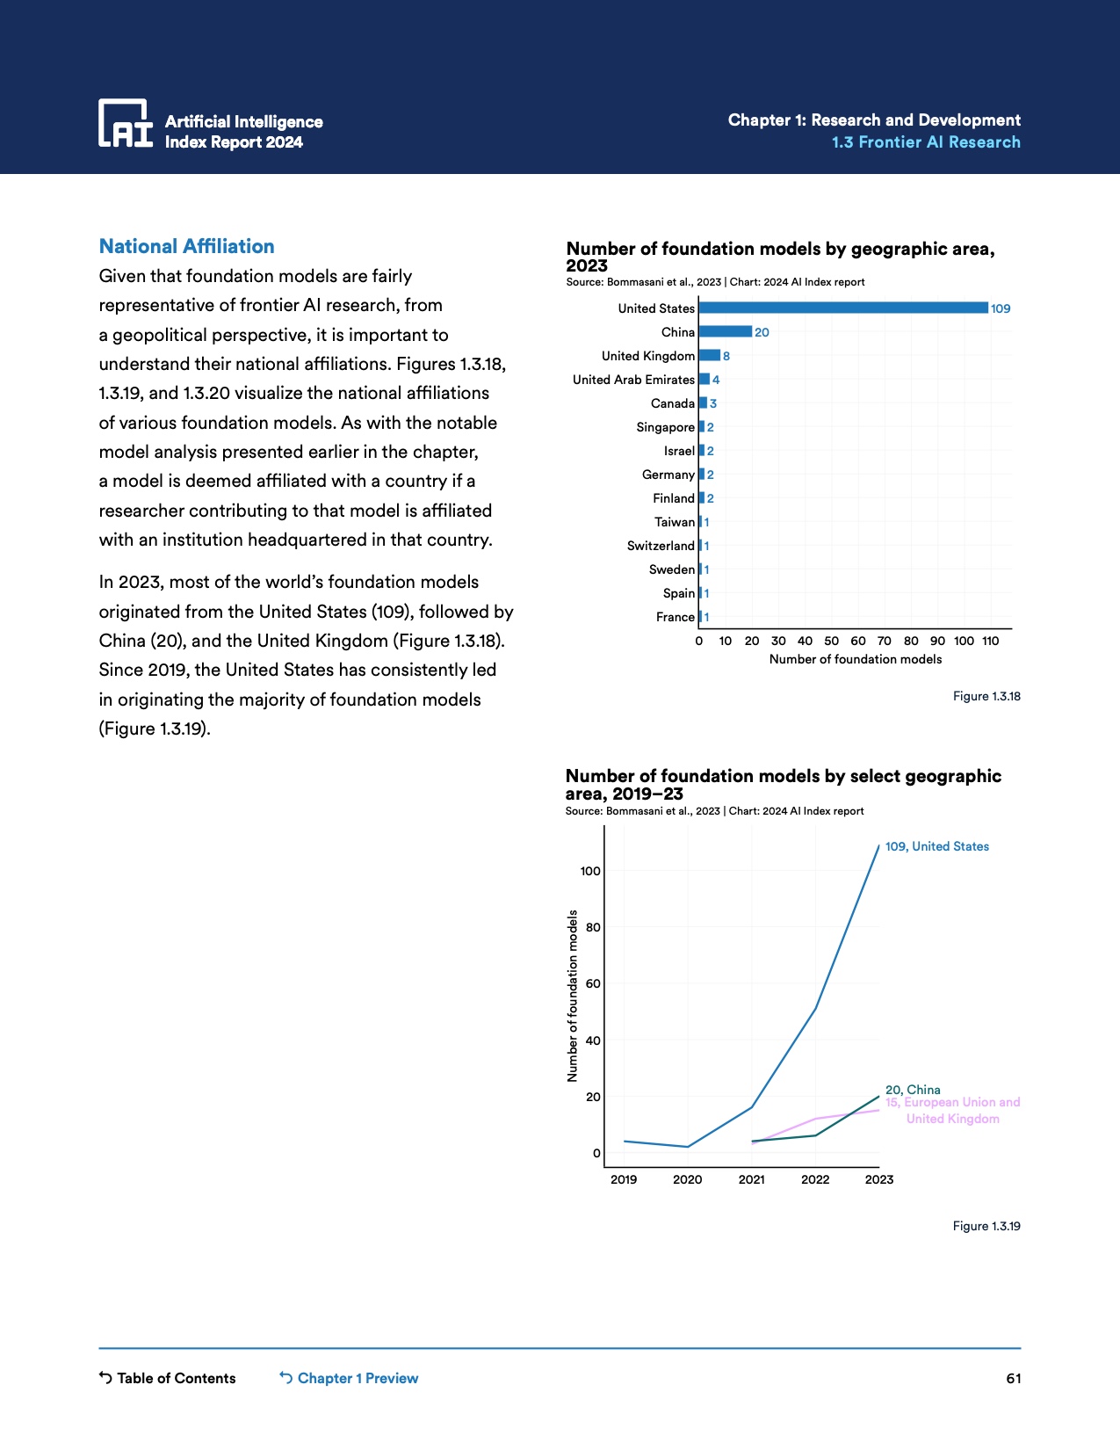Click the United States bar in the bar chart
(843, 308)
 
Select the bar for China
(726, 331)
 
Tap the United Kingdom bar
(710, 355)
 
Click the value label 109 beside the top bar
(1001, 308)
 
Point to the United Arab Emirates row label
(633, 380)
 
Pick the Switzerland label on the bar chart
(661, 546)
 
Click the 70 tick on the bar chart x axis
(885, 641)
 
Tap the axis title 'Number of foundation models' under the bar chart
(855, 659)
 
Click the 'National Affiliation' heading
(186, 246)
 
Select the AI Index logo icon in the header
(125, 123)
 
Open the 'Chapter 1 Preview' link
(349, 1378)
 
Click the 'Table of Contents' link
(168, 1378)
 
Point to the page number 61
(1013, 1378)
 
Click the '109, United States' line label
(936, 846)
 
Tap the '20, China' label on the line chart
(913, 1090)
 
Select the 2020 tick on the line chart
(687, 1179)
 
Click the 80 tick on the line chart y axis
(593, 927)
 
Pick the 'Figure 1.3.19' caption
(986, 1226)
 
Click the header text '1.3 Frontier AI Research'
(926, 142)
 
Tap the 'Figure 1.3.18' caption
(986, 696)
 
